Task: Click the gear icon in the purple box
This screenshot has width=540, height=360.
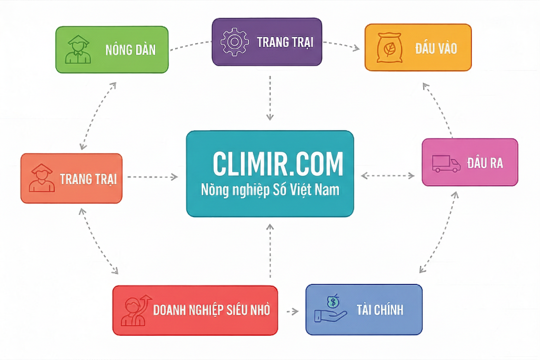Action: pyautogui.click(x=235, y=42)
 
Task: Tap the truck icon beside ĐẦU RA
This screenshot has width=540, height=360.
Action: pyautogui.click(x=446, y=164)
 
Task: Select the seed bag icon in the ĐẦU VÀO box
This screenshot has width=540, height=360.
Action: pyautogui.click(x=389, y=48)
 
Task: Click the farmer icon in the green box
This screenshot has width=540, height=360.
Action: pyautogui.click(x=77, y=49)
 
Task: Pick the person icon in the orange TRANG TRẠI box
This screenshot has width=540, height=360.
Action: pyautogui.click(x=42, y=178)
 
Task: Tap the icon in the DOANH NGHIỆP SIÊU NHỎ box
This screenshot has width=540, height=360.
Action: pyautogui.click(x=135, y=310)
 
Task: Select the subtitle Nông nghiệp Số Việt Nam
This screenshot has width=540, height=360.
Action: pyautogui.click(x=270, y=190)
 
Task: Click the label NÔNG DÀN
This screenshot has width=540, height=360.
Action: pyautogui.click(x=130, y=50)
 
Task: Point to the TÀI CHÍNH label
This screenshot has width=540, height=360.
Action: pyautogui.click(x=380, y=310)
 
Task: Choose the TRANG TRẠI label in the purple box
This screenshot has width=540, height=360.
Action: pyautogui.click(x=285, y=42)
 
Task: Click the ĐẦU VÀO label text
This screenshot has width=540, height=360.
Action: pyautogui.click(x=436, y=48)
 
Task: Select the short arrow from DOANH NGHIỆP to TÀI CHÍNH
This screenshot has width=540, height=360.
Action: pyautogui.click(x=292, y=311)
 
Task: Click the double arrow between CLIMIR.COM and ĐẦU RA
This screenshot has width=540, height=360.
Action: pyautogui.click(x=388, y=175)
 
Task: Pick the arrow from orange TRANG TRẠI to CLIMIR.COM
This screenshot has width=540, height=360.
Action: pyautogui.click(x=153, y=177)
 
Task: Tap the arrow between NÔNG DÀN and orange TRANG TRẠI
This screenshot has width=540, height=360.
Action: pyautogui.click(x=98, y=116)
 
